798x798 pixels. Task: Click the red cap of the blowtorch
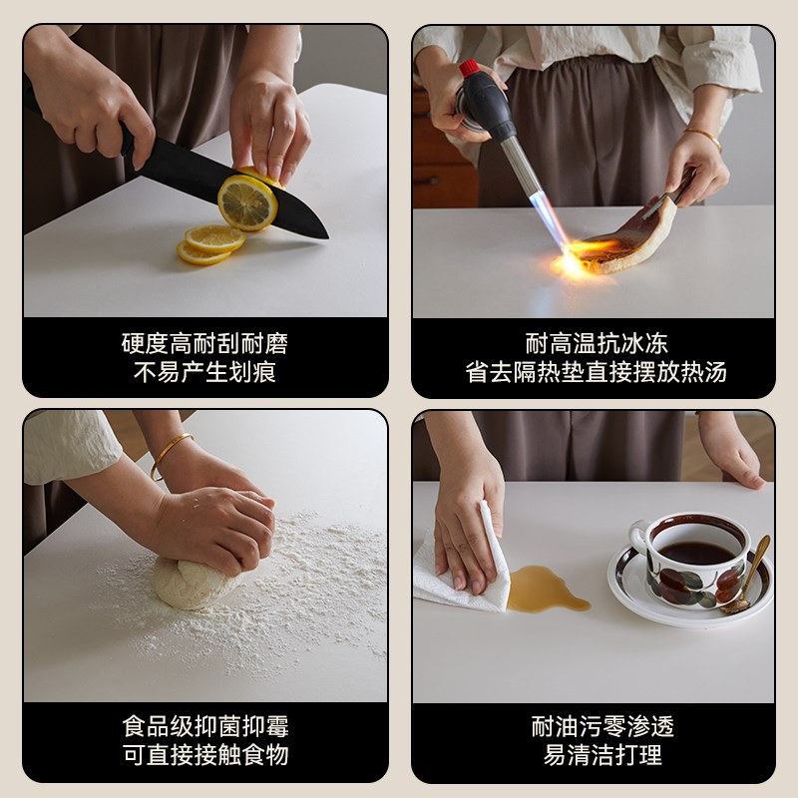click(x=468, y=69)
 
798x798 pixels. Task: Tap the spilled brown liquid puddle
click(x=545, y=588)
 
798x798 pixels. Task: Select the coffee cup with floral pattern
click(x=692, y=559)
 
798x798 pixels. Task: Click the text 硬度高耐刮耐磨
click(x=204, y=344)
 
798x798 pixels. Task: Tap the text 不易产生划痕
click(x=204, y=373)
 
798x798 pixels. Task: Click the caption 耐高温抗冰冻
click(x=596, y=344)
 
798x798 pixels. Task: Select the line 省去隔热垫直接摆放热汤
click(x=596, y=373)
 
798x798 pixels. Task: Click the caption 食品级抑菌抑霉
click(x=204, y=726)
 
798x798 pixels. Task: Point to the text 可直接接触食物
click(x=204, y=755)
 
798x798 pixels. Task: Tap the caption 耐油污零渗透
click(x=596, y=726)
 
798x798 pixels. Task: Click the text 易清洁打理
click(x=596, y=755)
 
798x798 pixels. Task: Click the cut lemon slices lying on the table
click(x=210, y=243)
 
